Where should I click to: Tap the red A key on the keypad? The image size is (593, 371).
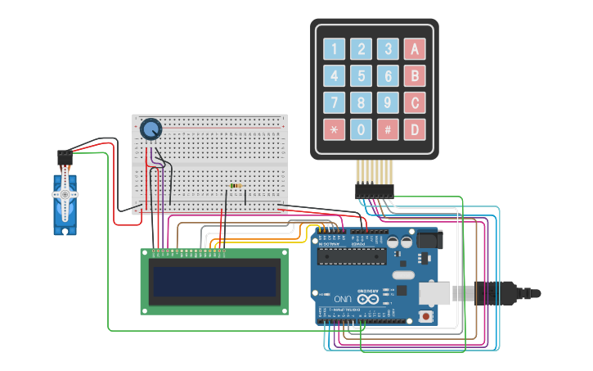pos(415,49)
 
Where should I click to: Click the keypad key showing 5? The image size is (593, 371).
pos(361,76)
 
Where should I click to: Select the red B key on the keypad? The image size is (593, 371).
pos(415,76)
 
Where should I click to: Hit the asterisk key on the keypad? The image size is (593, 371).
pos(334,129)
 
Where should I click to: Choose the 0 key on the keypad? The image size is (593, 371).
pos(361,129)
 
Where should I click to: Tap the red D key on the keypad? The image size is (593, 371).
pos(415,129)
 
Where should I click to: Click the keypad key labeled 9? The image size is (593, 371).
pos(388,102)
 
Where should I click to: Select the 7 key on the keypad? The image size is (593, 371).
pos(334,102)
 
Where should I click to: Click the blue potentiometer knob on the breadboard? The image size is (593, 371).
pos(150,129)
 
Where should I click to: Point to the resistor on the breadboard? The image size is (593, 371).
pos(236,186)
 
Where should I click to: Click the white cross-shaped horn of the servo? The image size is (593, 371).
pos(65,195)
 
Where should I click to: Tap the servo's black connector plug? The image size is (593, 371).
pos(65,156)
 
